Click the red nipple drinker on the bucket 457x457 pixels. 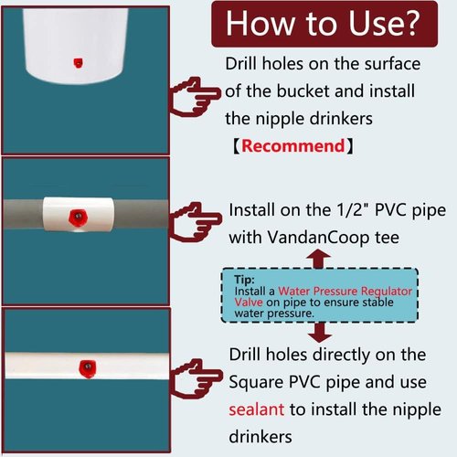[x=74, y=62]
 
